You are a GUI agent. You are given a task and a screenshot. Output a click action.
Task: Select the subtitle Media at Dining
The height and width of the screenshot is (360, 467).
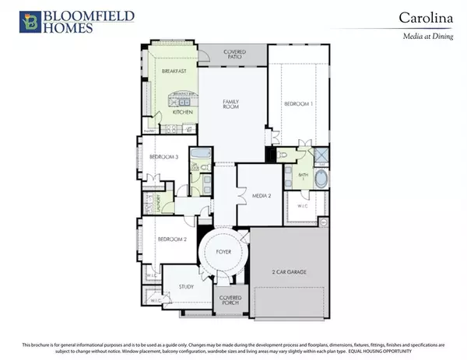(x=432, y=37)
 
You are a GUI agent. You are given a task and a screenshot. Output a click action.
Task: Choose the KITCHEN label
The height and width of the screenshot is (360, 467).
(x=182, y=112)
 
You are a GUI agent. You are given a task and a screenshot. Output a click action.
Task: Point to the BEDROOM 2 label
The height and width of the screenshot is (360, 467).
(x=172, y=239)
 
